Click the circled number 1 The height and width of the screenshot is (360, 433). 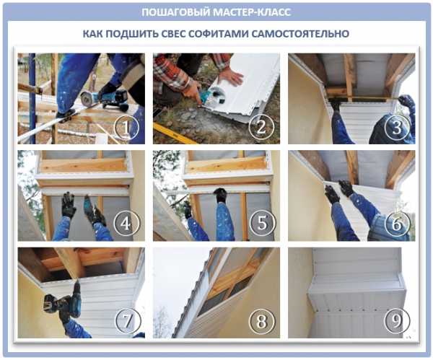click(127, 127)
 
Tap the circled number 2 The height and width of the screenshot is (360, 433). click(261, 127)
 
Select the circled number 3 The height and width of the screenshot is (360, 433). click(397, 127)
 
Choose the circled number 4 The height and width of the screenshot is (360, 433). click(126, 223)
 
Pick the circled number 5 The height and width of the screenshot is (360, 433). click(263, 222)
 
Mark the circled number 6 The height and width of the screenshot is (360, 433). click(397, 224)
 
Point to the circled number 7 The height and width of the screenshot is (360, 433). click(127, 320)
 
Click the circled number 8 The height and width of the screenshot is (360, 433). click(261, 321)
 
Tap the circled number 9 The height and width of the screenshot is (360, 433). click(396, 320)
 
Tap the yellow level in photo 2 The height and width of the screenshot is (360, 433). click(174, 133)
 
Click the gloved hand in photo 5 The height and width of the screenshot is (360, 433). click(221, 196)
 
